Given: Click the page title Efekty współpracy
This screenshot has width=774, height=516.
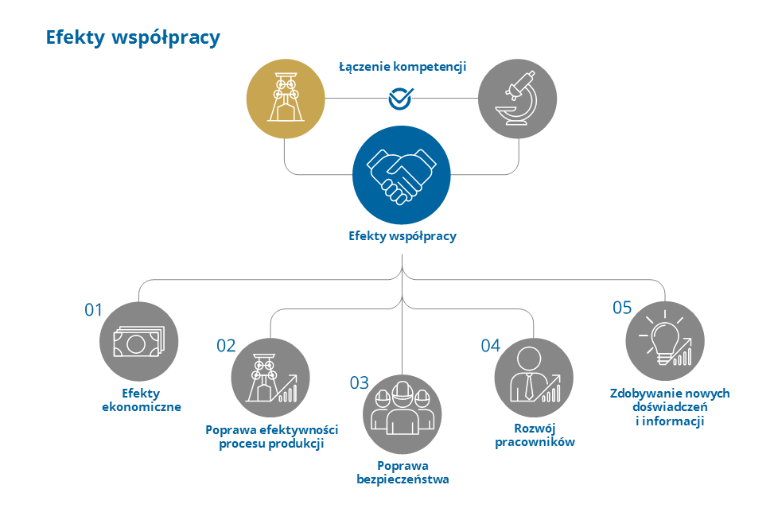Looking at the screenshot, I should point(133,37).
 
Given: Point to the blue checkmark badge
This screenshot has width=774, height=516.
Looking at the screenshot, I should point(400,99).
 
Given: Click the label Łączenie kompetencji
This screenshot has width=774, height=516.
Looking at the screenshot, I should point(402,67).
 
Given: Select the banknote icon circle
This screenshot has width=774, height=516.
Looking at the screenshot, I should point(138,342).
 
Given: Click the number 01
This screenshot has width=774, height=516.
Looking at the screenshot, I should point(94,310).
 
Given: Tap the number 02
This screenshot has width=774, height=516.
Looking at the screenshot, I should point(226,345).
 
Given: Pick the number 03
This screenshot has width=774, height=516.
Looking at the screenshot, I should point(360,382).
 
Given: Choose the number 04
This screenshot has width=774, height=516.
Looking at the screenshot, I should point(490,345).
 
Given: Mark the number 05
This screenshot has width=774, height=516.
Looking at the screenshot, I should point(622,308).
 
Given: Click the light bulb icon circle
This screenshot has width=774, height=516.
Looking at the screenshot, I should point(664,342).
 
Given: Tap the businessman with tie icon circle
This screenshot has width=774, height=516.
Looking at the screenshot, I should point(533,378).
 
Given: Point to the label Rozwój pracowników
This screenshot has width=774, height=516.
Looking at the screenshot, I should point(535,435).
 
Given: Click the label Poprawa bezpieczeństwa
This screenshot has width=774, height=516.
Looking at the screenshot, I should point(403,472).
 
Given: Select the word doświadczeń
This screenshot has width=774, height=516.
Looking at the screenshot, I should point(670,407).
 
